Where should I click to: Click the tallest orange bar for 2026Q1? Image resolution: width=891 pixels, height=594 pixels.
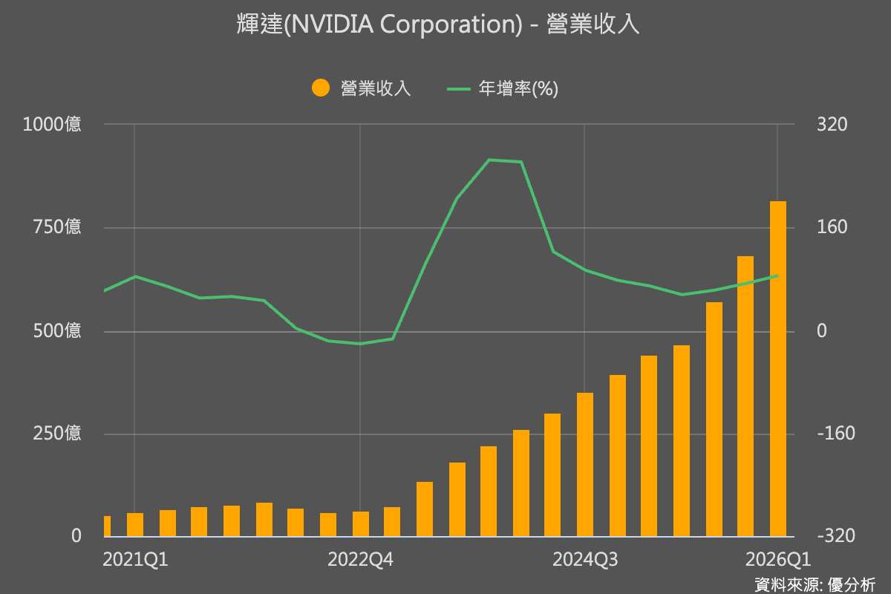(x=777, y=369)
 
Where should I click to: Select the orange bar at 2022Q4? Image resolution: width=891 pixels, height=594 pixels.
(x=361, y=524)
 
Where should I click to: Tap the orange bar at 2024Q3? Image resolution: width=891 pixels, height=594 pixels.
(x=585, y=465)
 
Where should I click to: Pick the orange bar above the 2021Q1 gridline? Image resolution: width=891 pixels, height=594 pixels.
(x=135, y=525)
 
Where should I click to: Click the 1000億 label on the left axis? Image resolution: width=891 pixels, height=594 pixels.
(x=52, y=125)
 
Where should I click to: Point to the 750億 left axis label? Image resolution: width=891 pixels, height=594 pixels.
(x=57, y=227)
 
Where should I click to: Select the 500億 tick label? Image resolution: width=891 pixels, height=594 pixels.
(x=57, y=330)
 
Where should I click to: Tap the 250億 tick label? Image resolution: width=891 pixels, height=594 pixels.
(x=57, y=434)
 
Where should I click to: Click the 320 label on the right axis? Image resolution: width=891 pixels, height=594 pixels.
(x=832, y=125)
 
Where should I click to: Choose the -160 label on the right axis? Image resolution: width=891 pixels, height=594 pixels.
(x=836, y=434)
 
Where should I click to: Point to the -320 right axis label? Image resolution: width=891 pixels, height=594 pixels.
(x=836, y=536)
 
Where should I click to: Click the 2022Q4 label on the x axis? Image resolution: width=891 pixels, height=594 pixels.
(x=360, y=560)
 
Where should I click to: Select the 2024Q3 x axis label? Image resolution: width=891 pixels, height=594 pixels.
(x=585, y=560)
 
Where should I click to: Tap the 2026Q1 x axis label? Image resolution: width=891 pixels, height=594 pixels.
(x=777, y=560)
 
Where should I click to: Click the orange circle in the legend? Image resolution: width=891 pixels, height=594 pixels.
(x=321, y=88)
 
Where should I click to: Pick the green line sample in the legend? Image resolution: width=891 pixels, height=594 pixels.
(x=459, y=88)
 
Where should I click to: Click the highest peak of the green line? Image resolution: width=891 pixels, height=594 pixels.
(x=489, y=160)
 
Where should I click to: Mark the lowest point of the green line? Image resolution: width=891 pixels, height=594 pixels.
(x=360, y=344)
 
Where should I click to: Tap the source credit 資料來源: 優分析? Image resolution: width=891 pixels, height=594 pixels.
(x=815, y=585)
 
